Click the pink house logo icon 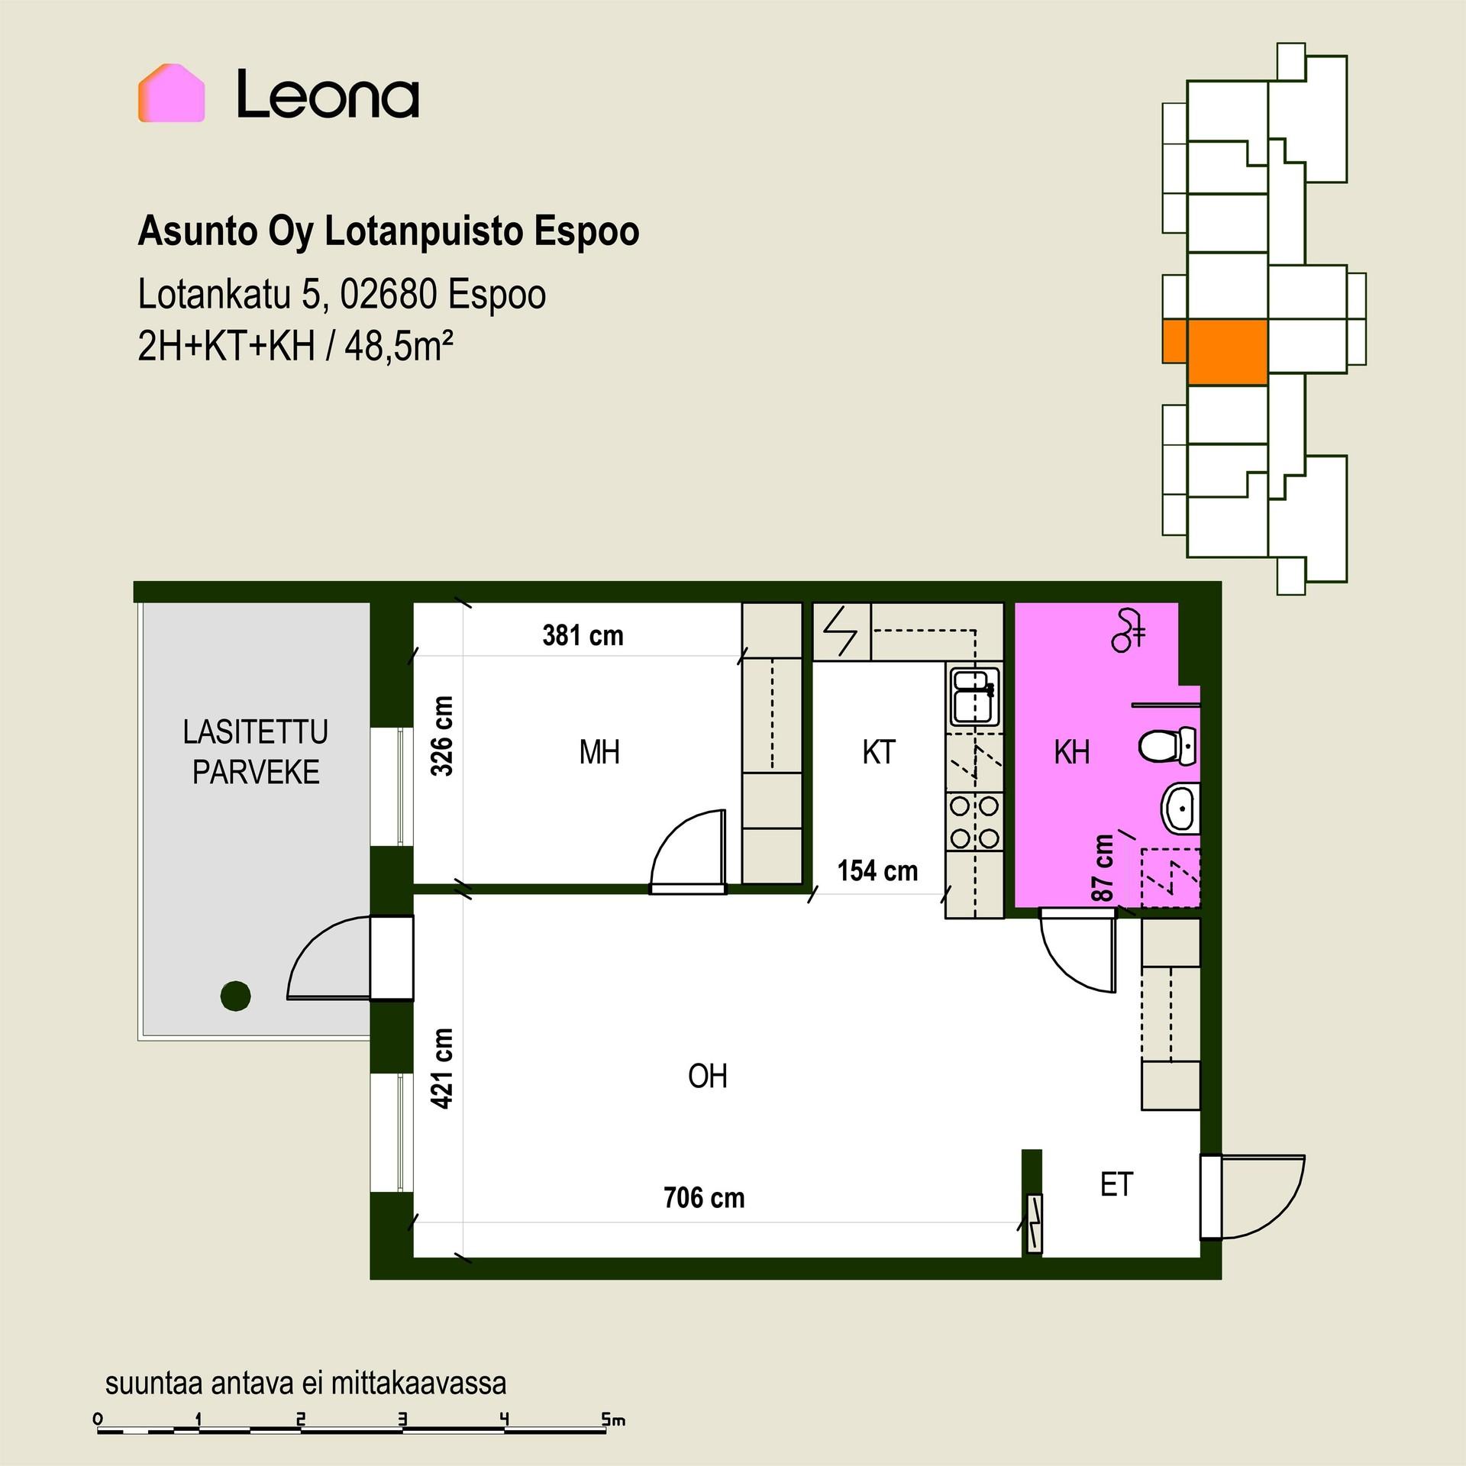171,93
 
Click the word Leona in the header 328,95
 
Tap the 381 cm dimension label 583,636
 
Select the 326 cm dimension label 442,736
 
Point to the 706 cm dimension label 704,1198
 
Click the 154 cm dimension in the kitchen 877,871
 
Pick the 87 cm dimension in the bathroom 1103,868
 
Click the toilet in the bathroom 1167,746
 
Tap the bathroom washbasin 1180,808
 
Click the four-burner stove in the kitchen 974,822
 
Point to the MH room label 599,753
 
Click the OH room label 707,1077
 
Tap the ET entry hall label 1116,1185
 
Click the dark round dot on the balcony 235,996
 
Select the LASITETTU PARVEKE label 256,752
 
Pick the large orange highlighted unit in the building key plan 1228,351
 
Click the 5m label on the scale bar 613,1420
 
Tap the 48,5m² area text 399,347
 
